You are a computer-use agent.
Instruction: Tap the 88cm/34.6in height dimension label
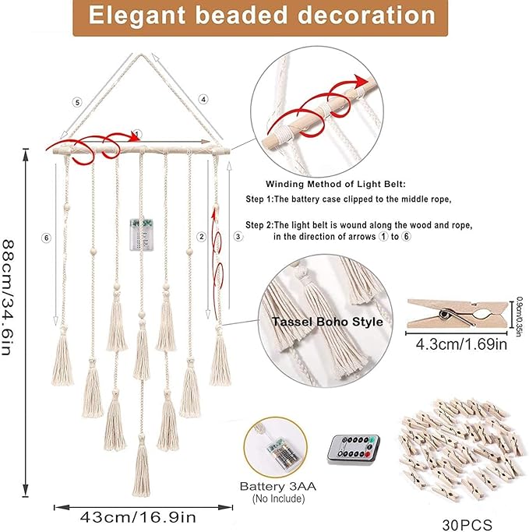[8, 298]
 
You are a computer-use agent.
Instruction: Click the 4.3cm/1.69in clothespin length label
[461, 344]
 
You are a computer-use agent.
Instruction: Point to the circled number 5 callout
[77, 102]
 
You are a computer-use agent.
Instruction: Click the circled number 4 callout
[203, 100]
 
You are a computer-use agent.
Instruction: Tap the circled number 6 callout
[47, 238]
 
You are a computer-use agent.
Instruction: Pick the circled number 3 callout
[238, 237]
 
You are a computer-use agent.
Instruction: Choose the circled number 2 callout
[202, 237]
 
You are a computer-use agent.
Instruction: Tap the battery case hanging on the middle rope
[142, 234]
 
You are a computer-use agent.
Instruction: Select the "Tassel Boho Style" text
[327, 322]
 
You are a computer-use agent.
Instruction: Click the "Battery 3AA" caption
[278, 487]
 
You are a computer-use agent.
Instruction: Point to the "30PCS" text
[467, 524]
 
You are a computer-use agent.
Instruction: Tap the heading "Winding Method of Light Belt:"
[336, 185]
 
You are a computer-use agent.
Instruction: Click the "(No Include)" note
[278, 499]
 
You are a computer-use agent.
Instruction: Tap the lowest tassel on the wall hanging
[141, 467]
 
